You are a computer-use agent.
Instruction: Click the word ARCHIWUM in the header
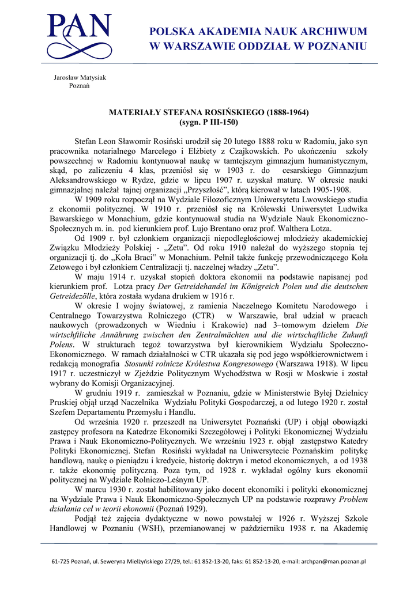point(337,32)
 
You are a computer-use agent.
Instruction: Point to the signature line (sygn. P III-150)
point(209,122)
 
